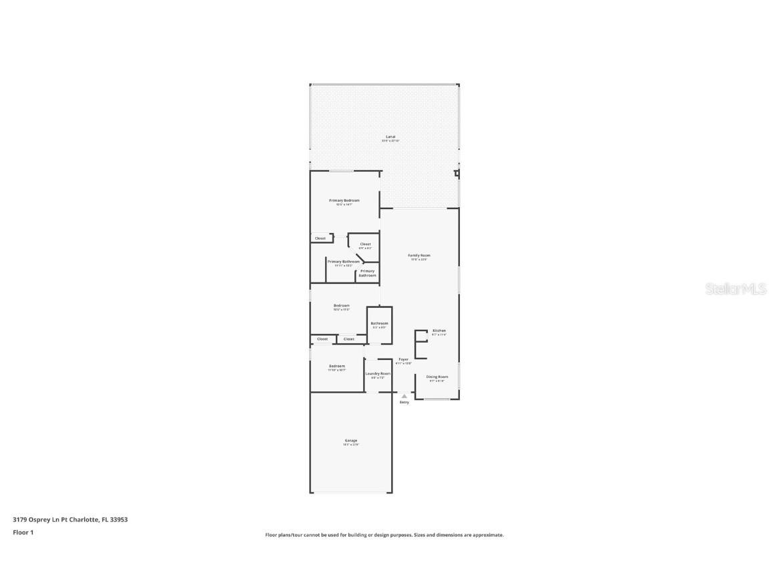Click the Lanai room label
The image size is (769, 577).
point(391,136)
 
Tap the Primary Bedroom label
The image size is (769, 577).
point(344,200)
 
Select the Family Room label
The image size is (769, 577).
point(419,255)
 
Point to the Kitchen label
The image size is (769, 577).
point(439,331)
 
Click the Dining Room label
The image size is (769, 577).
point(437,377)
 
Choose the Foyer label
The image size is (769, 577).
point(404,359)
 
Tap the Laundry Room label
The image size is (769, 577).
point(378,373)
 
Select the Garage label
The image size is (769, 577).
point(351,440)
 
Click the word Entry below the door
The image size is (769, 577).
point(405,402)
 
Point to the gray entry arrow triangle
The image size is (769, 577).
point(404,396)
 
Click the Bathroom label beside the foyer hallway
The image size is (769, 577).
point(380,323)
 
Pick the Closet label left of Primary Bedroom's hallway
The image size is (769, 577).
point(320,238)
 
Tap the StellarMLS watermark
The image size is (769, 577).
point(736,289)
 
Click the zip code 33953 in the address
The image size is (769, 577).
point(119,519)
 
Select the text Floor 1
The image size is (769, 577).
point(23,532)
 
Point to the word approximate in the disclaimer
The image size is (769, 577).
point(489,535)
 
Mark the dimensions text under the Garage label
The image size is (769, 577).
point(351,445)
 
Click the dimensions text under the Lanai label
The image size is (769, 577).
point(391,141)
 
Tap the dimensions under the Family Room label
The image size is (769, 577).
point(419,259)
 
